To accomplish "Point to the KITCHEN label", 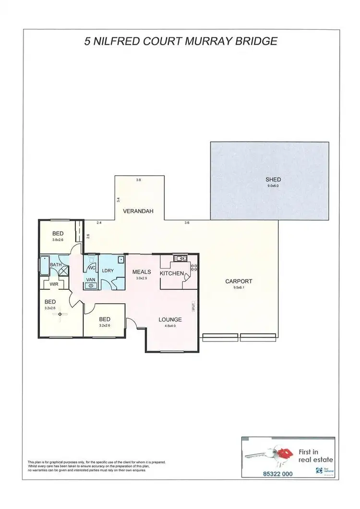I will pyautogui.click(x=171, y=273).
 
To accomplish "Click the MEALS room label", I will pyautogui.click(x=142, y=272).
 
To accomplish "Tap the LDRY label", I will pyautogui.click(x=108, y=271).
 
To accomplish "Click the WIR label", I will pyautogui.click(x=54, y=284).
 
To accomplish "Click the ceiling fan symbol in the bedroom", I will pyautogui.click(x=60, y=314).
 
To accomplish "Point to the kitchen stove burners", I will pyautogui.click(x=194, y=268).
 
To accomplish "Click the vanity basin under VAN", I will pyautogui.click(x=90, y=286).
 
